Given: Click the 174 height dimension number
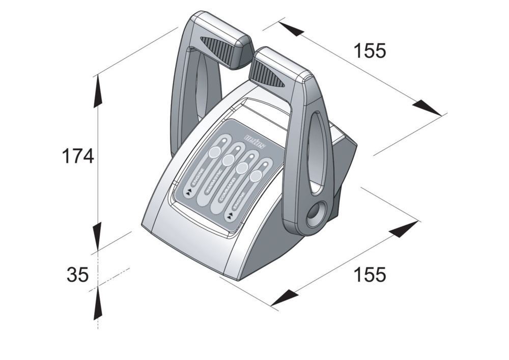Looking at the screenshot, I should tap(78, 156).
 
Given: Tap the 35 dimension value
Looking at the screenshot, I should tap(77, 275).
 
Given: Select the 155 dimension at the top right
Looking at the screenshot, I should tap(370, 51).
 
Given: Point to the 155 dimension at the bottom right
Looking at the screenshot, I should tap(370, 274).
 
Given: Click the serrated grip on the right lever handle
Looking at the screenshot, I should tap(270, 76).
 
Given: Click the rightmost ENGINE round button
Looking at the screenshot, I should tap(256, 176).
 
